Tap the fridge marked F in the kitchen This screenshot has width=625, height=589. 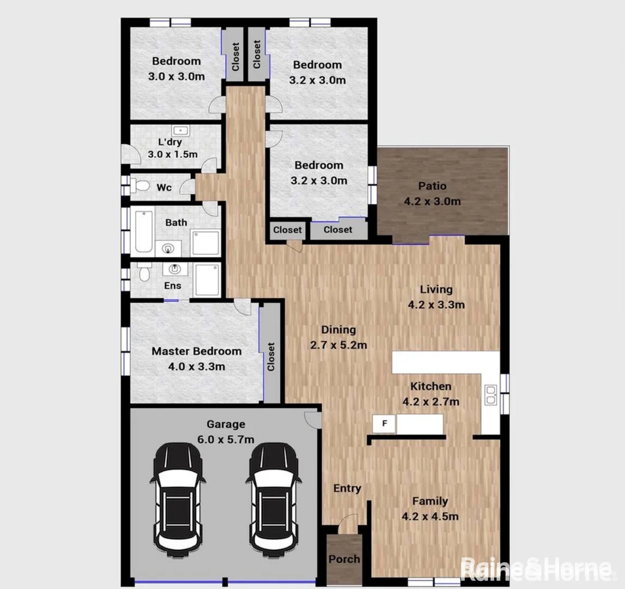click(x=384, y=424)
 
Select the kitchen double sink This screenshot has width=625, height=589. click(x=490, y=394)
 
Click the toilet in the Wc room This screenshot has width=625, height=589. click(x=141, y=187)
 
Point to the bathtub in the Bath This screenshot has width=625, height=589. click(x=143, y=231)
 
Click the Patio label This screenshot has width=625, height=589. click(x=433, y=186)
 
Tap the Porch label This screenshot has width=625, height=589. click(x=344, y=559)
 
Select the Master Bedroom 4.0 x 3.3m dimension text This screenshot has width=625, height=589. click(x=196, y=367)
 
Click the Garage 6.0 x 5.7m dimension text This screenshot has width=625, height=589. click(x=226, y=440)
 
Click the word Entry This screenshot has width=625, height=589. click(x=347, y=488)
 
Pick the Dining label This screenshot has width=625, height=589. click(x=338, y=329)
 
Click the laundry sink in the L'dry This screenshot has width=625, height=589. click(x=180, y=131)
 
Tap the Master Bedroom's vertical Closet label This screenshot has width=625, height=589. click(x=271, y=357)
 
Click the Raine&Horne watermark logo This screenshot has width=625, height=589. click(x=536, y=570)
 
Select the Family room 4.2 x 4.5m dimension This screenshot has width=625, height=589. click(x=430, y=516)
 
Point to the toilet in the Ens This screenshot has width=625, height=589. click(x=143, y=272)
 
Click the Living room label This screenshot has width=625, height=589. click(x=436, y=289)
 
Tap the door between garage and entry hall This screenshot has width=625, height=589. click(x=312, y=419)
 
